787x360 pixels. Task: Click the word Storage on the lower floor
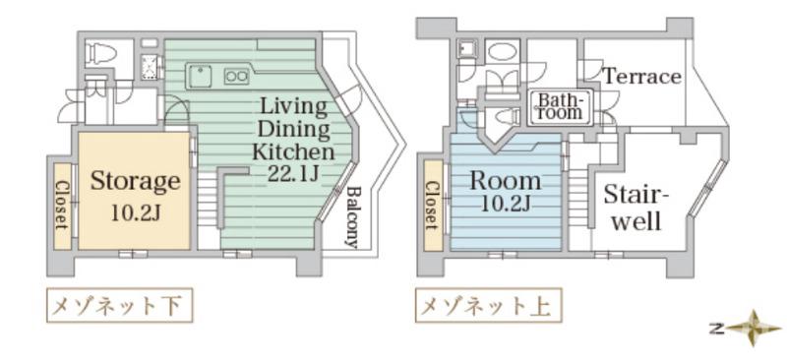pos(136,181)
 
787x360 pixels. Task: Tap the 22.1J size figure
pos(293,173)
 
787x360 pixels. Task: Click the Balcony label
pos(352,217)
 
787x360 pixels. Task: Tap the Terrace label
pos(641,77)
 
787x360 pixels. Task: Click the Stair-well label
pos(636,207)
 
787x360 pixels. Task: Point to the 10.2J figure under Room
pos(505,204)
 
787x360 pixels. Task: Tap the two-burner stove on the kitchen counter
pos(236,74)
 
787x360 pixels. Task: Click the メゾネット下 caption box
pos(119,306)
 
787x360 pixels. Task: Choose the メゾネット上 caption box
pos(489,306)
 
